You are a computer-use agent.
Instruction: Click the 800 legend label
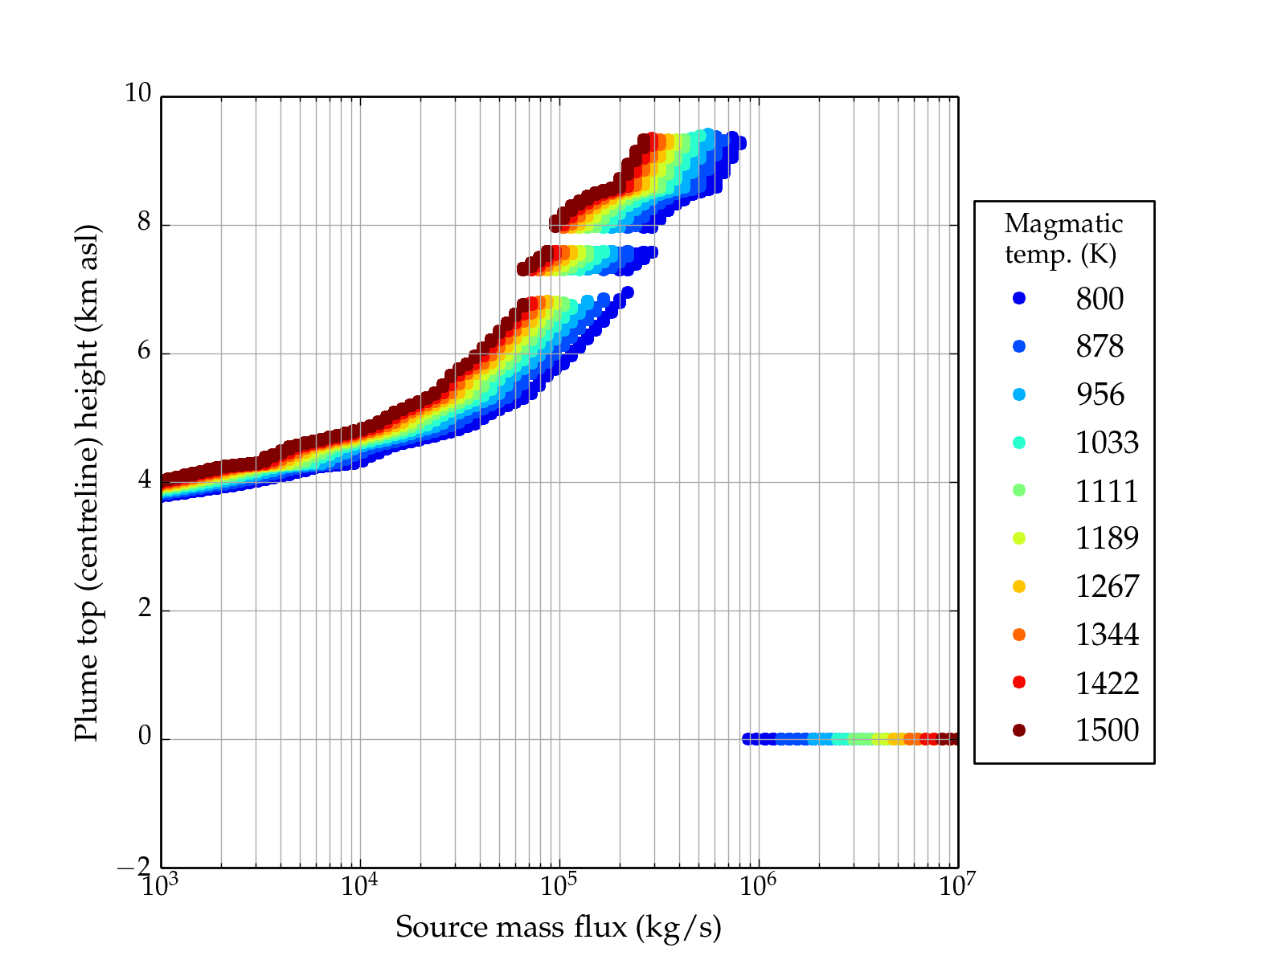1100,299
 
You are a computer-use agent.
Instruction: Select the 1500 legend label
1107,730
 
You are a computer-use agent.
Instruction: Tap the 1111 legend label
1107,491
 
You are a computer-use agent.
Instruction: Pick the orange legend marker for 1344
1019,635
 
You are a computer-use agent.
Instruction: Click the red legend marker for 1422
1019,682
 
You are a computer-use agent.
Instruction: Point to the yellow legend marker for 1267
1019,586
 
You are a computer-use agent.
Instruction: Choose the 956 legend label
1100,394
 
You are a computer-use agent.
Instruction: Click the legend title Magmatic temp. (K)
1063,239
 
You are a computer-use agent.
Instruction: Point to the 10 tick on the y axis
137,94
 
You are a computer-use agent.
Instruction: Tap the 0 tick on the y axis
145,737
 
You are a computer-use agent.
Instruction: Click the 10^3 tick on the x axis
161,885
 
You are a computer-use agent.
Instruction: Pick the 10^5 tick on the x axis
559,885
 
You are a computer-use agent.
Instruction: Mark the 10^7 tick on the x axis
956,885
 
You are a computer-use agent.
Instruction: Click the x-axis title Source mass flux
559,927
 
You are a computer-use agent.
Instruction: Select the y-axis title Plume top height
86,482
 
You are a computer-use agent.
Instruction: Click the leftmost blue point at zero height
747,739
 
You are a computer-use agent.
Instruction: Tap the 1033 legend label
1107,443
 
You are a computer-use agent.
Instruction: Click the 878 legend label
1100,347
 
